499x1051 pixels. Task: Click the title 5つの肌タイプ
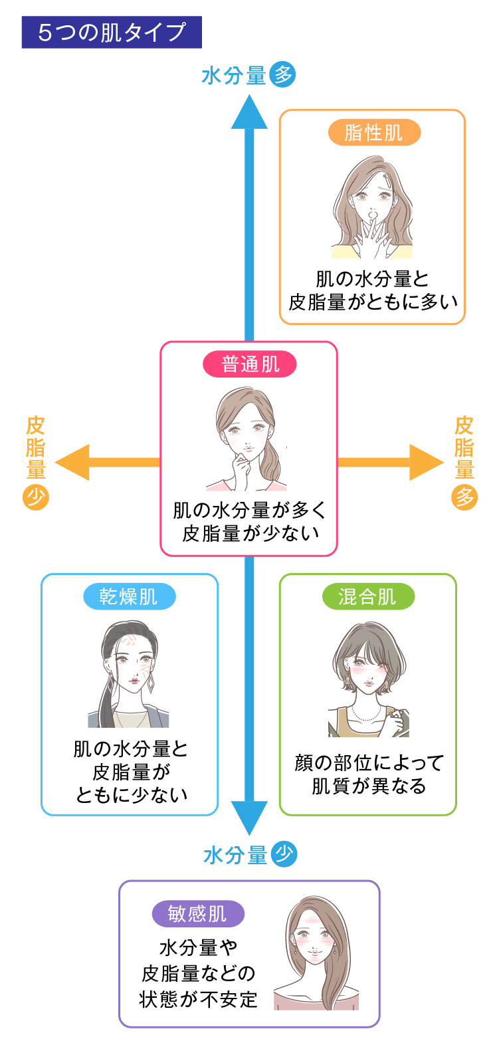click(x=112, y=33)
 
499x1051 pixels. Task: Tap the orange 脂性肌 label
click(x=374, y=132)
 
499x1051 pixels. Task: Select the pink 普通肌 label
click(x=250, y=364)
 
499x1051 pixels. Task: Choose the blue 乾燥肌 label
click(x=129, y=596)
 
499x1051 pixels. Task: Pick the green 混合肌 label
click(x=368, y=596)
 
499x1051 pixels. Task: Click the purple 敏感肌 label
click(x=197, y=914)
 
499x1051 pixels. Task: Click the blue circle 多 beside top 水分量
click(x=282, y=74)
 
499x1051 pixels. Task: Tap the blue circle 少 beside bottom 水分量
click(x=284, y=854)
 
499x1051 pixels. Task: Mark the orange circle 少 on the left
click(x=36, y=497)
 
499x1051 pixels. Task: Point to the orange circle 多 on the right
click(x=464, y=497)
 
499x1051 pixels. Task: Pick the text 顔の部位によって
click(x=369, y=762)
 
